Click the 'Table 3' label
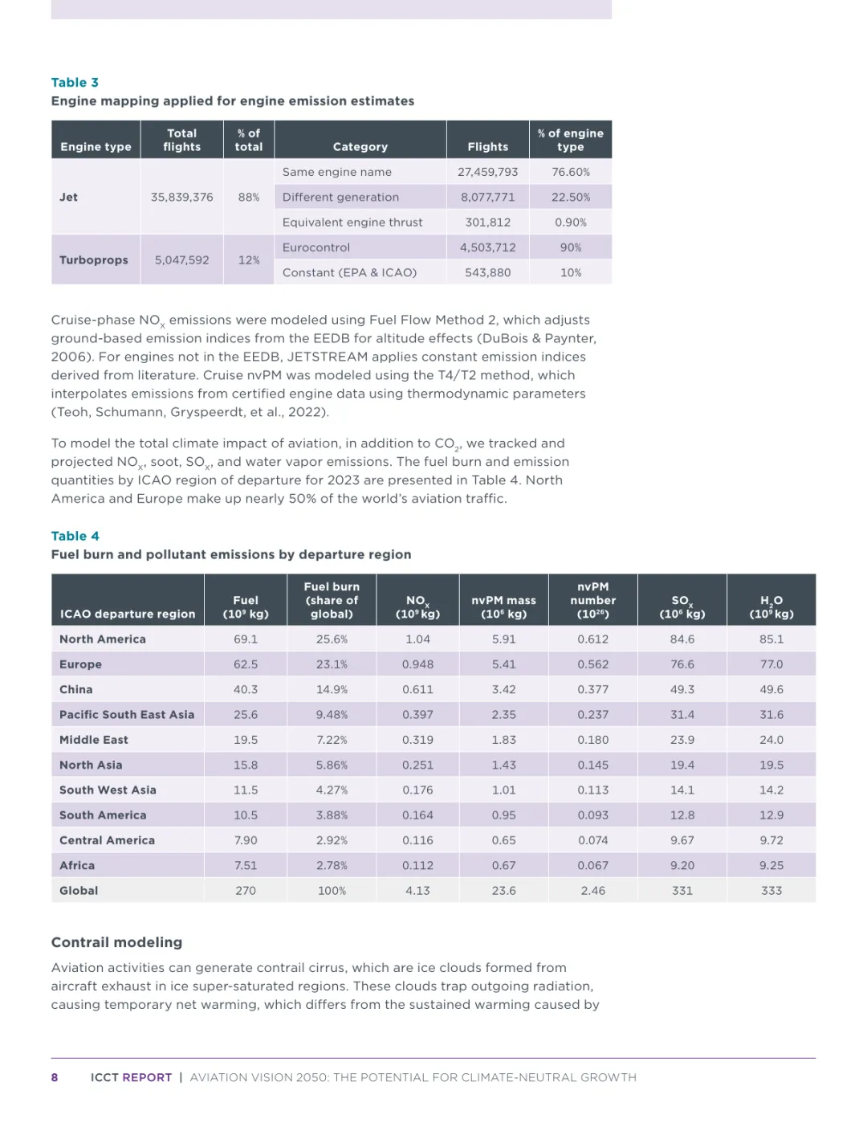75,83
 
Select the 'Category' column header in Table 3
360,147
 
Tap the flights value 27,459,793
487,172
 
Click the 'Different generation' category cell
340,197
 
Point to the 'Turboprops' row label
93,260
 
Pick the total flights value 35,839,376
181,197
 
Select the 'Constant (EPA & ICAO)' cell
349,272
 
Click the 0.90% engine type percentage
570,223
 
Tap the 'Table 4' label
75,536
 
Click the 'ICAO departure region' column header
128,614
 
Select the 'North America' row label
103,639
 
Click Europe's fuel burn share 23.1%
332,664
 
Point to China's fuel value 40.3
246,689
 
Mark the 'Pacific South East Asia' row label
127,714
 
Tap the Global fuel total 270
246,891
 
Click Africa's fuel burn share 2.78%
332,865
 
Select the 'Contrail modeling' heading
116,942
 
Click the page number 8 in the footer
55,1078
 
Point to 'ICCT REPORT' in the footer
131,1078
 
